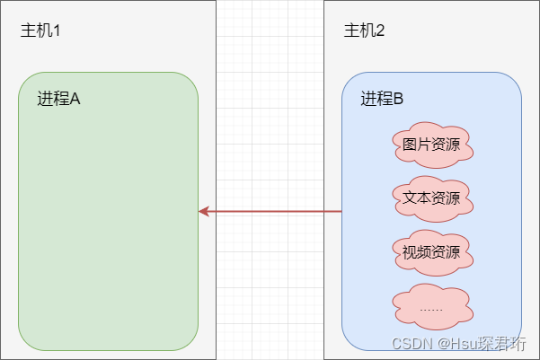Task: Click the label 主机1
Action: (40, 31)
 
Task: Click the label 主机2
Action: (364, 31)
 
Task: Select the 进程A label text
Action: (59, 99)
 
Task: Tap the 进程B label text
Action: (382, 99)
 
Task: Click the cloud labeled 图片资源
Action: (432, 145)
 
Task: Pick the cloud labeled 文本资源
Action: (432, 198)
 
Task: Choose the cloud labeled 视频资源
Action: (432, 250)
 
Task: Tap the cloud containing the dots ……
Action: (432, 305)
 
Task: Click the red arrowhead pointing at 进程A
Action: (204, 211)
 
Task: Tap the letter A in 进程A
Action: (75, 99)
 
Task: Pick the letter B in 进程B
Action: (398, 99)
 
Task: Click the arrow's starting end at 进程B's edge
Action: (341, 211)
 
